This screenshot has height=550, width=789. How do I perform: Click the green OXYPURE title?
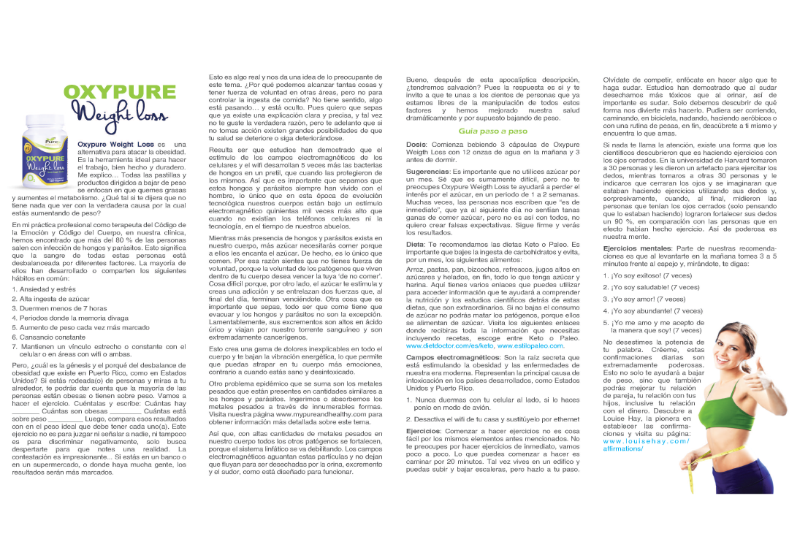(120, 93)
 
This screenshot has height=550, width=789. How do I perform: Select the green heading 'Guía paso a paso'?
(492, 131)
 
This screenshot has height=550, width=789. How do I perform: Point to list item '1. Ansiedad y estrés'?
(44, 289)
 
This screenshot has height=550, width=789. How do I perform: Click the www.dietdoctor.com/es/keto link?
(449, 345)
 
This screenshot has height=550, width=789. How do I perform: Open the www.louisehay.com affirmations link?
(646, 445)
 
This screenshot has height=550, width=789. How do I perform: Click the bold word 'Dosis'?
(416, 145)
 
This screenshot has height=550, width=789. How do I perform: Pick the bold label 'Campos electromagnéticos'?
(453, 357)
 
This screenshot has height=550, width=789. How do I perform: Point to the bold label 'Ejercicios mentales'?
(637, 249)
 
